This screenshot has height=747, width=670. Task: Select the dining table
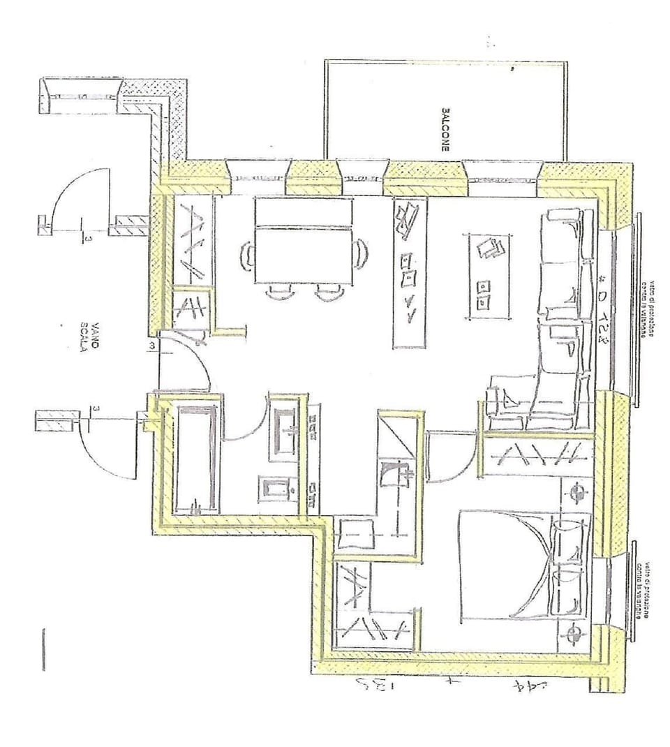[x=302, y=240]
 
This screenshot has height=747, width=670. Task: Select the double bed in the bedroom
[x=523, y=565]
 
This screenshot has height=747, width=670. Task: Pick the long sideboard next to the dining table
[x=410, y=272]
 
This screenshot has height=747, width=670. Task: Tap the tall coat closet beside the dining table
[x=188, y=241]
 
